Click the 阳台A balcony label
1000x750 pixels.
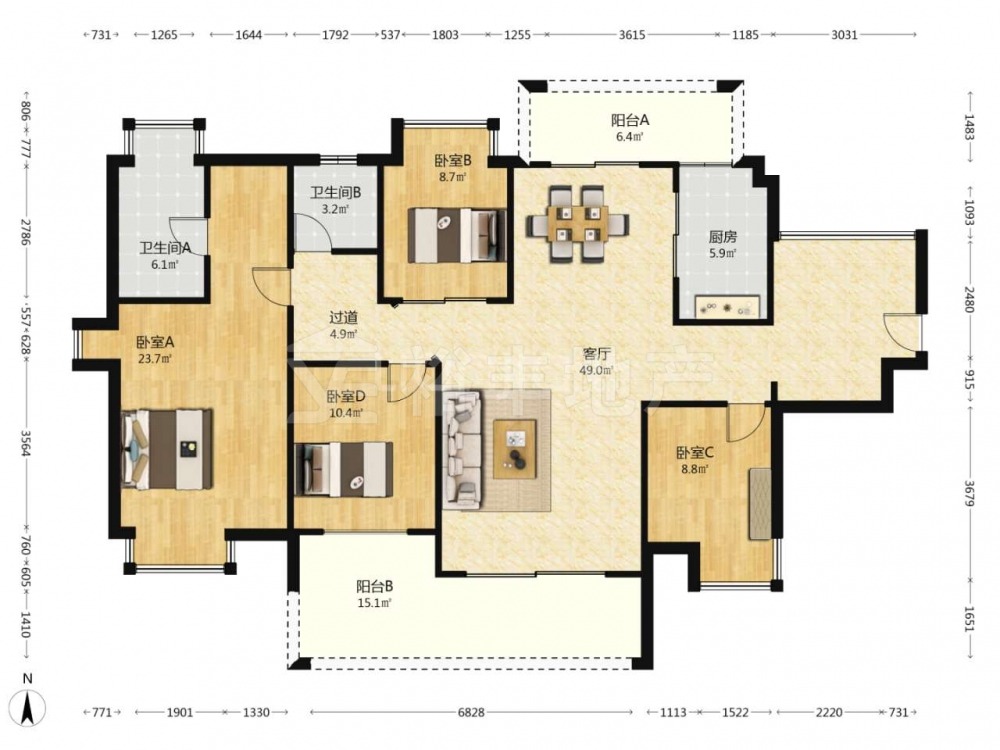tap(630, 120)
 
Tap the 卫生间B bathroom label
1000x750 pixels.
tap(335, 192)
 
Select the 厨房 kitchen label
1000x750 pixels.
tap(723, 237)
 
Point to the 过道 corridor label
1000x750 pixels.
tap(343, 317)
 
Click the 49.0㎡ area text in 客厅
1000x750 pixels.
tap(596, 370)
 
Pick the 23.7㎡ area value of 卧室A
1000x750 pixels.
tap(155, 358)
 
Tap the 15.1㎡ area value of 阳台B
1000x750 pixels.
tap(374, 603)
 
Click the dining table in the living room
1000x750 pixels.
tap(577, 224)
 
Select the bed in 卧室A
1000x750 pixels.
tap(166, 449)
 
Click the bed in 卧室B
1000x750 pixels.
tap(457, 235)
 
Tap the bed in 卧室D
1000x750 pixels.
tap(344, 469)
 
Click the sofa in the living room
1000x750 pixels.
tap(462, 449)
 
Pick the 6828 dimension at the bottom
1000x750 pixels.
tap(471, 712)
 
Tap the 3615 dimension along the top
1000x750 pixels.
tap(631, 35)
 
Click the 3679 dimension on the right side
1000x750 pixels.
tap(969, 493)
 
